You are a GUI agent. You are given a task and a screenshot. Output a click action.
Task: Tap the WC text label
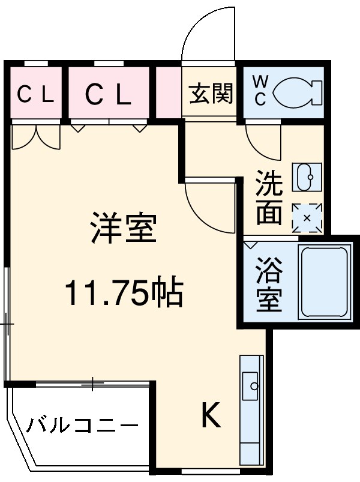pos(260,91)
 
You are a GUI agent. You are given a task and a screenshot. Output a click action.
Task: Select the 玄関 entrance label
pos(211,93)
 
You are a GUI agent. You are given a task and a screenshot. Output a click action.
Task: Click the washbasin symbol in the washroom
pos(307,176)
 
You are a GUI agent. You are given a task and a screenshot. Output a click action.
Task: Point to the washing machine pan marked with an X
pos(307,217)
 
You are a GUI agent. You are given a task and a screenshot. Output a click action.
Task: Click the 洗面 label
pos(268,198)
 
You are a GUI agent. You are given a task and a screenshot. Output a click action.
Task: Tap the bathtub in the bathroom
pos(324,281)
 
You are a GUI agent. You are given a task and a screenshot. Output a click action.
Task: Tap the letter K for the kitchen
pos(210,414)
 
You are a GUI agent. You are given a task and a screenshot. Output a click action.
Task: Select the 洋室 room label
pos(123,228)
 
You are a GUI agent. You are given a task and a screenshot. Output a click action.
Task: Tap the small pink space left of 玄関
pos(169,93)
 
